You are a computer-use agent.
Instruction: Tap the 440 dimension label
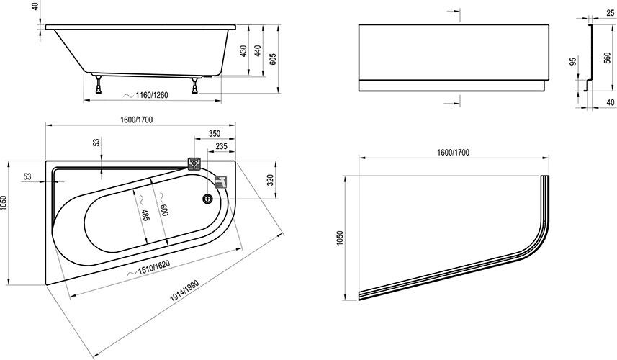click(257, 53)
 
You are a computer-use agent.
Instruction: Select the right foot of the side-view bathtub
click(194, 88)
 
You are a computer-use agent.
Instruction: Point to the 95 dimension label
click(574, 63)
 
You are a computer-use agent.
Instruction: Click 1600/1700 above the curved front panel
click(453, 153)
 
